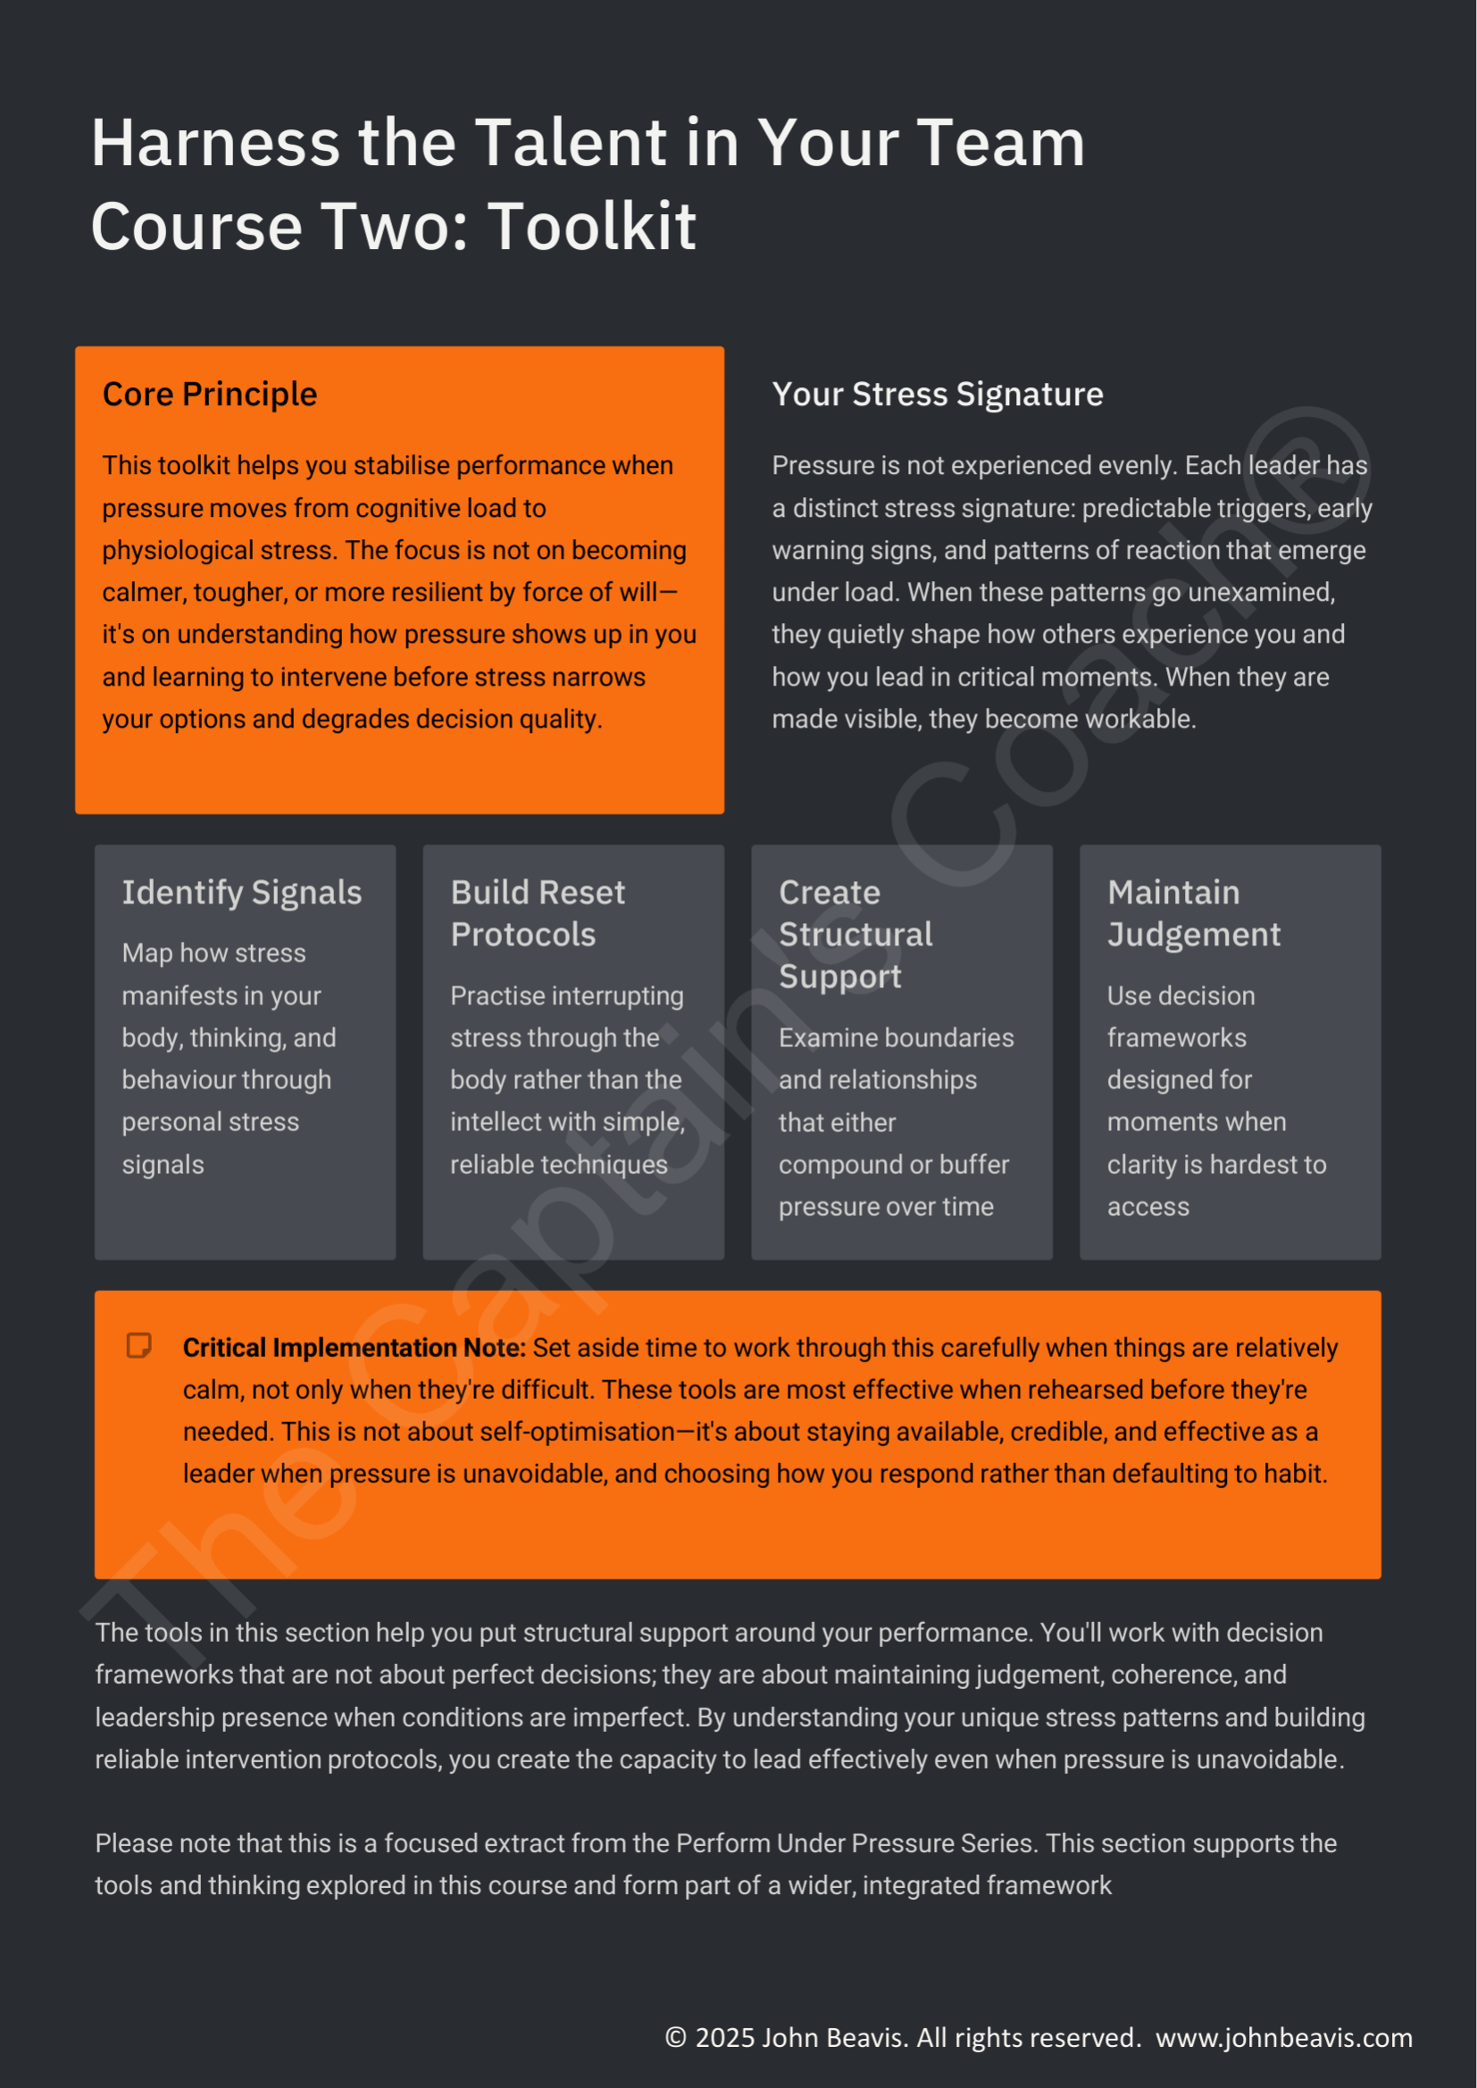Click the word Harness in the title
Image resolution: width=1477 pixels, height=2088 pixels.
pos(215,144)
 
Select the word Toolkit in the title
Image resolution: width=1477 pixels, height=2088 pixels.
pos(592,227)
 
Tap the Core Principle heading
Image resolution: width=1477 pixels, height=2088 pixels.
pos(209,395)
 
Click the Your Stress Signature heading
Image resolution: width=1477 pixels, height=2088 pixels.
pos(937,395)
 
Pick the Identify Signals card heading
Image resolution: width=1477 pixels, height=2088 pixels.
pos(242,893)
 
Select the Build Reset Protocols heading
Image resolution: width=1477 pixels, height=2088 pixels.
pos(538,913)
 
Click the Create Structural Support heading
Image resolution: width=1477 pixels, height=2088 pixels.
pos(855,934)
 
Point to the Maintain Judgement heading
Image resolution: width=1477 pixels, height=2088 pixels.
pos(1193,913)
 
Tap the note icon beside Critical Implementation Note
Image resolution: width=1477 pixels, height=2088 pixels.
pos(139,1346)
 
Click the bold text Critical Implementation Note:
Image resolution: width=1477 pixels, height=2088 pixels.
pos(354,1348)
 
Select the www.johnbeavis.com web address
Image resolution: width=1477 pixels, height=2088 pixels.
pos(1283,2038)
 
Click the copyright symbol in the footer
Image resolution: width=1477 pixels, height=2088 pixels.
pos(675,2038)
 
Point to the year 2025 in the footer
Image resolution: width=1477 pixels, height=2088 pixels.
pos(724,2038)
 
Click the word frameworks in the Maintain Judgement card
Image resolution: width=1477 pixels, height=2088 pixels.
pos(1176,1037)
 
